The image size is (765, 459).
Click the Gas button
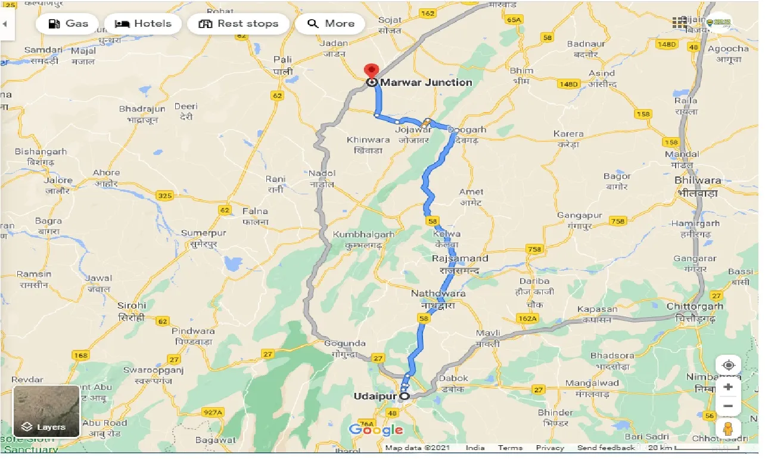67,24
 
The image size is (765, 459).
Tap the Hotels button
142,24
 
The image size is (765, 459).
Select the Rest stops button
238,24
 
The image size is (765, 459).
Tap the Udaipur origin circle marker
405,396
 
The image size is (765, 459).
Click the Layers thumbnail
46,411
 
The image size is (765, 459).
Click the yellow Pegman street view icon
727,429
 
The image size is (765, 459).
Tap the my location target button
728,365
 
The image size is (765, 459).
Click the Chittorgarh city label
695,306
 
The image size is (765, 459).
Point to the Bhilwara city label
698,180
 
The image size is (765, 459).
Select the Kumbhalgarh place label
363,234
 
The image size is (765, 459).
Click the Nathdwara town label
438,294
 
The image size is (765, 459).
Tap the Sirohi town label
131,305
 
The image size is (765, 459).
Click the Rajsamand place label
459,259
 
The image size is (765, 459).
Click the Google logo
376,430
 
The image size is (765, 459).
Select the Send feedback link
606,448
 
